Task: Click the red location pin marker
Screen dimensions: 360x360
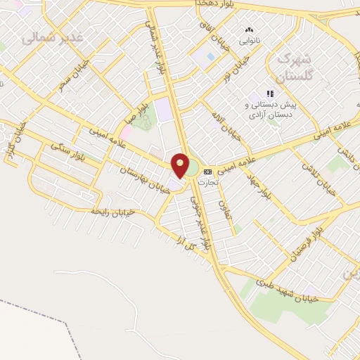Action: (180, 166)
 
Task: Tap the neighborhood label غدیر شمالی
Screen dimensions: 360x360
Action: (52, 37)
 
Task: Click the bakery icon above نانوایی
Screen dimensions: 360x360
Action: (248, 30)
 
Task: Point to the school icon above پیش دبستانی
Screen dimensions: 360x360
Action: (269, 94)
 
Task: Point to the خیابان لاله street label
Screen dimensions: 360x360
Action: (231, 124)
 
